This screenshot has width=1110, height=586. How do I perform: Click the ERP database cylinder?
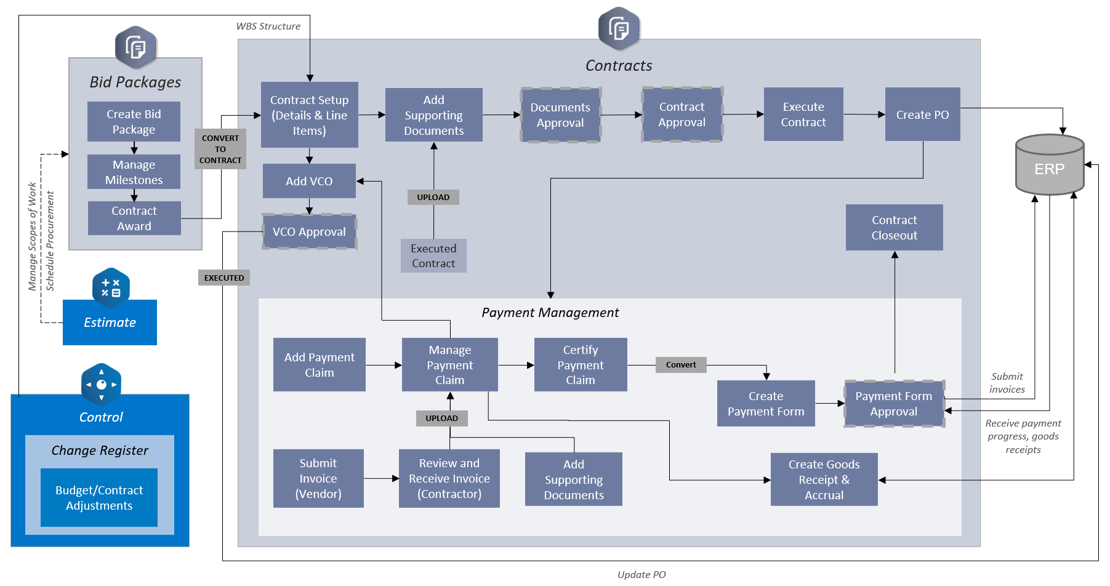1049,165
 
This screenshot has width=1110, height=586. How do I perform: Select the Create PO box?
922,114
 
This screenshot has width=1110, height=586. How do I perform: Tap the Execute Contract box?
803,114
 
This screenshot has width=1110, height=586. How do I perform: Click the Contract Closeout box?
894,228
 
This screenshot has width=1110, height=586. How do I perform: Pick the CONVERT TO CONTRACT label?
220,149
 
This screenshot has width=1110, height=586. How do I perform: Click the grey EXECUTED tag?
224,278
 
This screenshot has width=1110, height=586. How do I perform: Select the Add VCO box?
309,181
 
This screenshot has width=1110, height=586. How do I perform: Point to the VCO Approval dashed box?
309,231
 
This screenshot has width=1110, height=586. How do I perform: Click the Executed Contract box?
433,255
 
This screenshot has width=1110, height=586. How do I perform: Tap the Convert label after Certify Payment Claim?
681,364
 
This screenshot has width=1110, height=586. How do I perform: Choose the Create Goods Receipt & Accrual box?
824,480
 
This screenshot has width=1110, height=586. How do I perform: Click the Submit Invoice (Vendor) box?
318,478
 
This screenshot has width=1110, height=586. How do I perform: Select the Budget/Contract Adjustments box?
99,497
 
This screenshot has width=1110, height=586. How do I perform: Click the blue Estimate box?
110,323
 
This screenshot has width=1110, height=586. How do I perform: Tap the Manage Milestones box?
134,172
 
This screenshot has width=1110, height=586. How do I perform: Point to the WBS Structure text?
268,26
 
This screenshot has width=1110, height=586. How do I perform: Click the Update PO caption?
641,574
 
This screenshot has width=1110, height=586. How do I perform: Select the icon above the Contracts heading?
619,28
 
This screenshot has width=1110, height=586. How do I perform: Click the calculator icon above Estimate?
111,287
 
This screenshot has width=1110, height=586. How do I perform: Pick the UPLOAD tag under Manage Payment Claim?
441,418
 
